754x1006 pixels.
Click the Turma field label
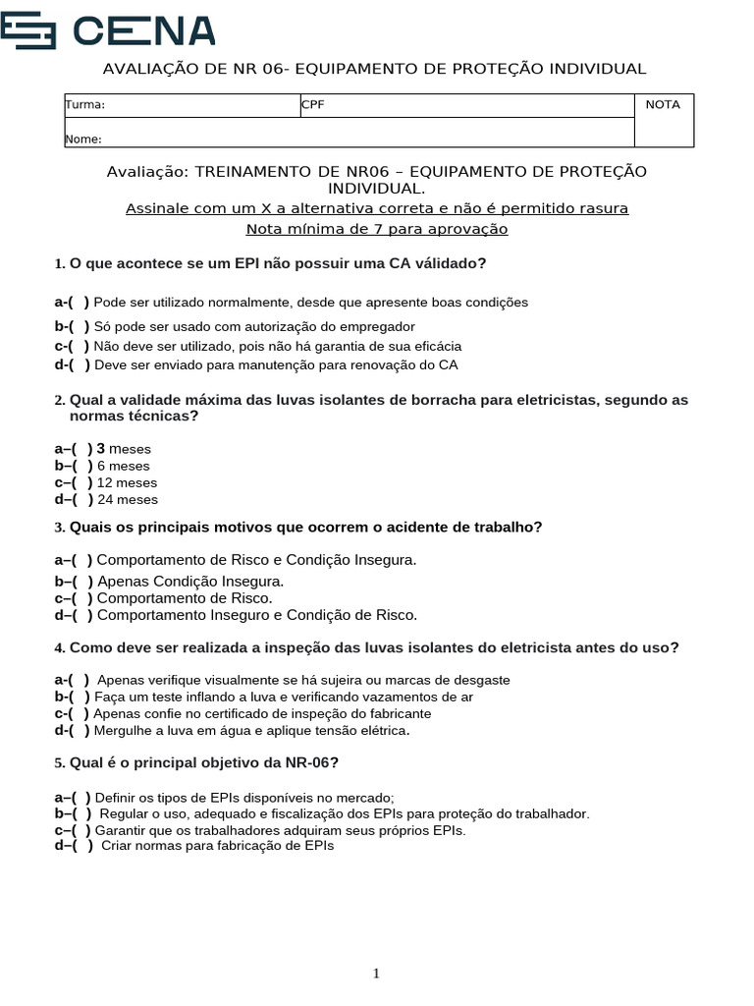click(x=84, y=105)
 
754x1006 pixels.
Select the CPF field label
click(x=312, y=105)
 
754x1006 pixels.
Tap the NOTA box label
click(x=663, y=105)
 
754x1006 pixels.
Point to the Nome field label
click(x=83, y=139)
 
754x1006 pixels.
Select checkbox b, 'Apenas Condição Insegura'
click(x=83, y=582)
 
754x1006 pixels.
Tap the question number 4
click(x=60, y=648)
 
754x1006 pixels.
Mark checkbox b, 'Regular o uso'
click(x=83, y=813)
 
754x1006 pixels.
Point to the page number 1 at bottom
click(x=376, y=974)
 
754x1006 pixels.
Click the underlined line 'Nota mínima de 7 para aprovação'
click(x=377, y=229)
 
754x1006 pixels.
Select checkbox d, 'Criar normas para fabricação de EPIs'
click(x=83, y=845)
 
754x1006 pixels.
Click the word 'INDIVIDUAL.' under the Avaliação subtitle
click(x=377, y=188)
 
